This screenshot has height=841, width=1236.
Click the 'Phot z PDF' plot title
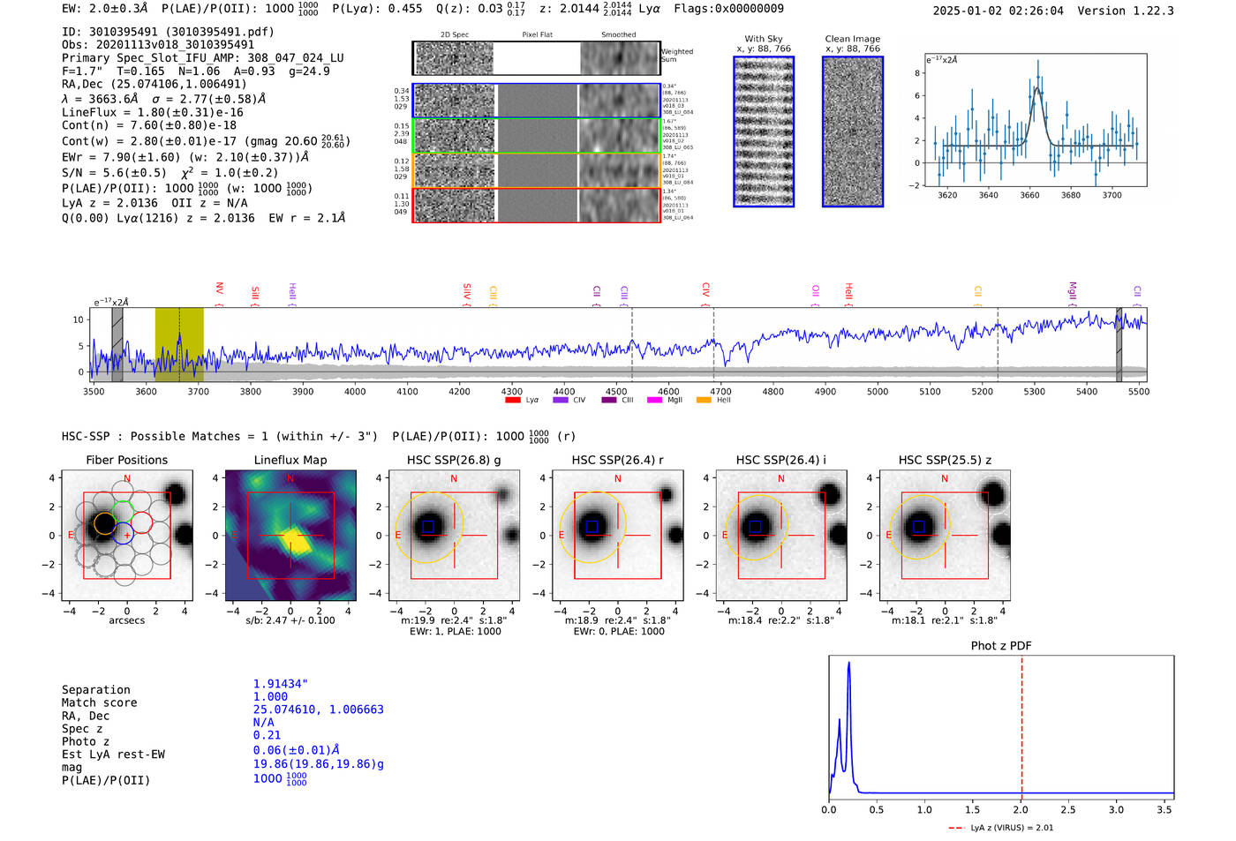(x=1000, y=646)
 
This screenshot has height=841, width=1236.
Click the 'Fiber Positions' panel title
(x=126, y=460)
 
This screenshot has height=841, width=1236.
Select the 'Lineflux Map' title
(x=290, y=460)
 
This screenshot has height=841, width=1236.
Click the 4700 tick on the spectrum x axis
(x=720, y=392)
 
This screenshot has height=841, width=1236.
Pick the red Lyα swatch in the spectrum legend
(x=512, y=401)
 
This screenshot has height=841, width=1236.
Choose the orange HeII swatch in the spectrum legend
(x=704, y=401)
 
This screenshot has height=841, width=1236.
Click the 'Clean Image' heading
(x=852, y=39)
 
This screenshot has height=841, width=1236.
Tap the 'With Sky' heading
(x=764, y=39)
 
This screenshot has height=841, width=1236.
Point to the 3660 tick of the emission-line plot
(x=1029, y=195)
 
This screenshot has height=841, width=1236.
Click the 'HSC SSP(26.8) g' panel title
(x=454, y=460)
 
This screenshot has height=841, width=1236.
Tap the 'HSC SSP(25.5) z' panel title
(x=945, y=460)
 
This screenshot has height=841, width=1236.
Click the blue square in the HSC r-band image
(x=592, y=527)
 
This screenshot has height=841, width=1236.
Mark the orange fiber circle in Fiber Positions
(x=103, y=523)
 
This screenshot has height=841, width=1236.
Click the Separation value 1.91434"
(x=280, y=684)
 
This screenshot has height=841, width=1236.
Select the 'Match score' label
(x=99, y=703)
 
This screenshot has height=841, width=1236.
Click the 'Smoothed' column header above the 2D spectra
(x=618, y=35)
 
